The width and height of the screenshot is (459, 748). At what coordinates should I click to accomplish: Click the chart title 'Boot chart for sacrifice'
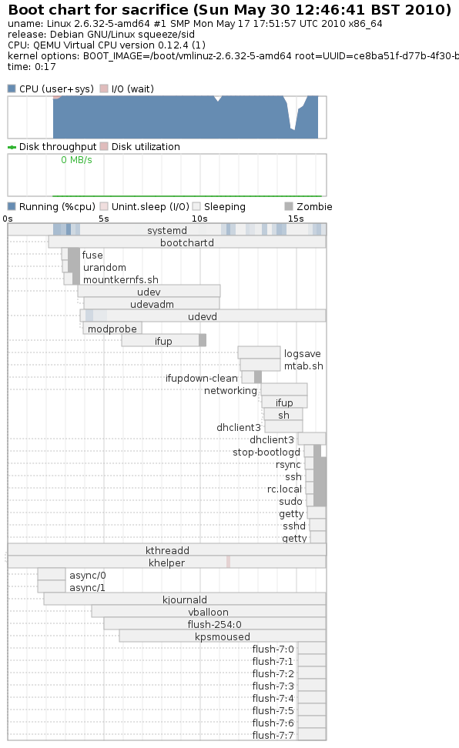tap(99, 9)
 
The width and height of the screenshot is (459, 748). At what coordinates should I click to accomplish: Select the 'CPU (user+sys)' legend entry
tap(51, 88)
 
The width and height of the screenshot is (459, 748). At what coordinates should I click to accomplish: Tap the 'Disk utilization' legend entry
tap(140, 146)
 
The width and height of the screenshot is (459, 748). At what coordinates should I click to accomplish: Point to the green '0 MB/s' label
tap(76, 160)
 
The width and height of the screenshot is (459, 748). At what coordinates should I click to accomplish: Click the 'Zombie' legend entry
tap(309, 206)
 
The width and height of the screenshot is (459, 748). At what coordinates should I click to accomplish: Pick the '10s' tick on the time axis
tap(199, 219)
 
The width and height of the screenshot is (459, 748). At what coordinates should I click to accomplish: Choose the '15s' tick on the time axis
tap(296, 219)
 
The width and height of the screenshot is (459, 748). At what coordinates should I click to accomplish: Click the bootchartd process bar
tap(187, 242)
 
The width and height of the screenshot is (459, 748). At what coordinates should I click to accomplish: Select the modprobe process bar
tap(112, 328)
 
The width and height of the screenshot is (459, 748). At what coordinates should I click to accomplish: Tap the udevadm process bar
tap(152, 303)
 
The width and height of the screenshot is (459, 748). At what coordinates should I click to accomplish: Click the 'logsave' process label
tap(303, 353)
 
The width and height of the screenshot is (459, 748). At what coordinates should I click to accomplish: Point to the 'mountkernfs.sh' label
tap(121, 279)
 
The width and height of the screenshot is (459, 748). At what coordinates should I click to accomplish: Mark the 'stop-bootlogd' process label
tap(266, 452)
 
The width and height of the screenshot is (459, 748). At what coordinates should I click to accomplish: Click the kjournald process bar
tap(185, 599)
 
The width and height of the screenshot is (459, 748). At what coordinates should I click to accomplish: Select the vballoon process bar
tap(209, 612)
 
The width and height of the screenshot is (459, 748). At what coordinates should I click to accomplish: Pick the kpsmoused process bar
tap(223, 636)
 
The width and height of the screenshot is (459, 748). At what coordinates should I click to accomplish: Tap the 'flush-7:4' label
tap(273, 698)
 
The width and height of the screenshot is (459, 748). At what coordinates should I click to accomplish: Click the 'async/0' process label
tap(87, 575)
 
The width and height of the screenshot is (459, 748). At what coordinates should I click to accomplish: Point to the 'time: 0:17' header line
tap(32, 67)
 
